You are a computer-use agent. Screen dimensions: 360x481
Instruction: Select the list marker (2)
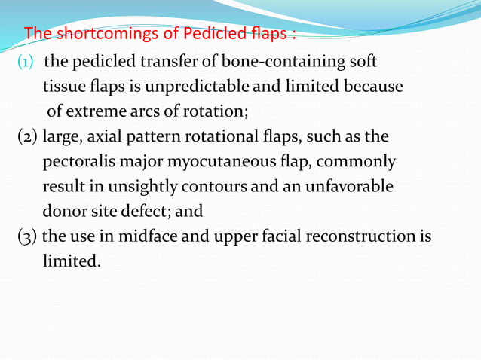[28, 137]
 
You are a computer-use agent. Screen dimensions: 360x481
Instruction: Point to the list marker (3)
[28, 237]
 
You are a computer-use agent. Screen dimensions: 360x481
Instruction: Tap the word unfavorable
[348, 187]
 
